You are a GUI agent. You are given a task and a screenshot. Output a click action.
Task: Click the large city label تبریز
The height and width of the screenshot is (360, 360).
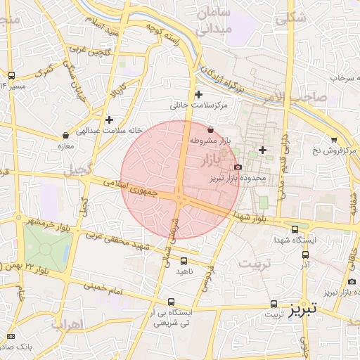point(303,309)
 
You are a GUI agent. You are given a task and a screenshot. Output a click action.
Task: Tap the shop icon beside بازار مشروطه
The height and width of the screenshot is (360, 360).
point(211,130)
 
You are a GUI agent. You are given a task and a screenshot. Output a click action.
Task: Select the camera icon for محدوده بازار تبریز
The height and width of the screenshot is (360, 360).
point(238,167)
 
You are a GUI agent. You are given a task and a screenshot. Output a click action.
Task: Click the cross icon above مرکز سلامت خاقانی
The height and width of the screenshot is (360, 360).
point(198,94)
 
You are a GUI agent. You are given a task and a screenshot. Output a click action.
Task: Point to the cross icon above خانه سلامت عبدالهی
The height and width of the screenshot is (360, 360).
point(109,120)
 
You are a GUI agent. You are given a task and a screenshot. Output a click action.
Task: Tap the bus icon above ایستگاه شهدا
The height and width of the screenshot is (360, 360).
point(295,229)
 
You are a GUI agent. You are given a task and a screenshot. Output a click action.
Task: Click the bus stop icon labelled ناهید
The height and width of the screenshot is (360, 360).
point(183,260)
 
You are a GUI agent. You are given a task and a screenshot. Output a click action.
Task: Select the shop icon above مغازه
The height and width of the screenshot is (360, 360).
point(66,135)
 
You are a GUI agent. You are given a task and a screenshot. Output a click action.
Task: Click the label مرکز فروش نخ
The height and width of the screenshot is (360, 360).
point(335,150)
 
